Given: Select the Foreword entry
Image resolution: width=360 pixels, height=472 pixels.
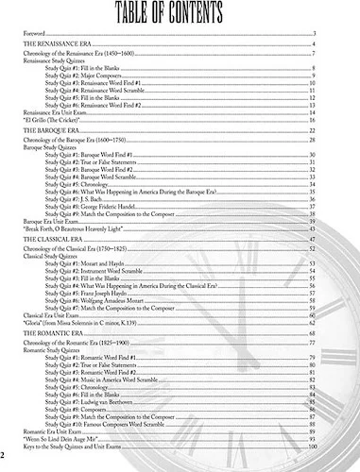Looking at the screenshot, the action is pos(35,33).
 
